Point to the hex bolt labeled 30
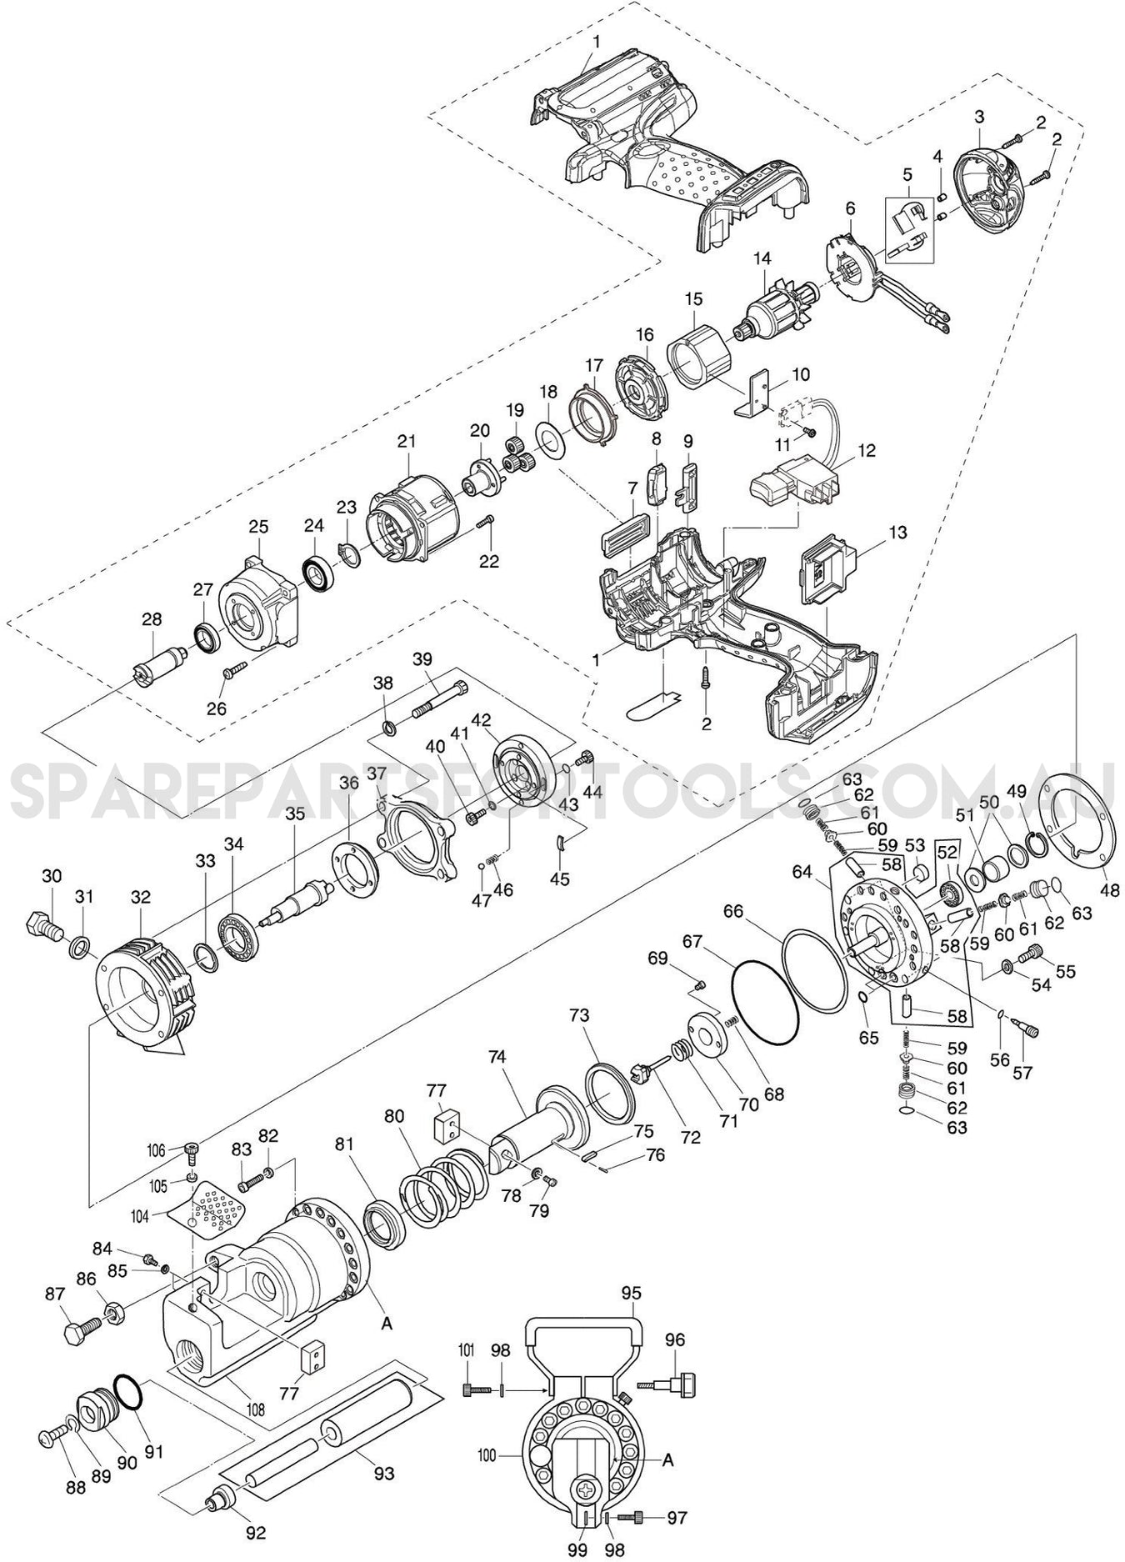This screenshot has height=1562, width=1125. point(42,924)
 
